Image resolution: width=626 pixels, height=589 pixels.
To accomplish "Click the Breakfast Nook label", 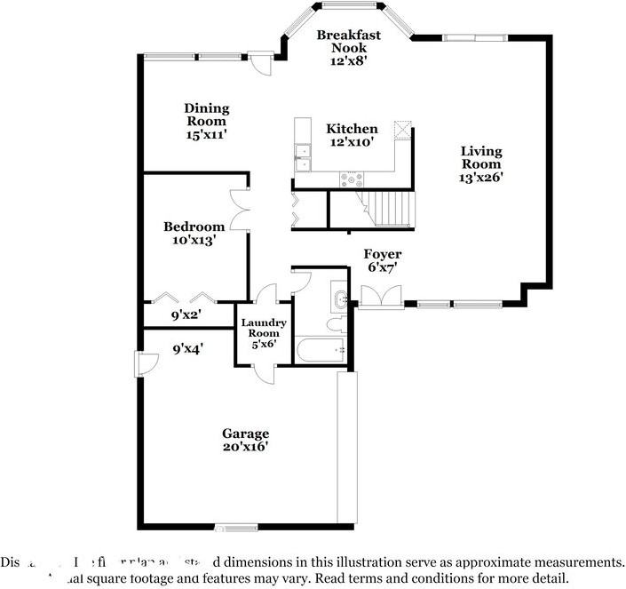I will coord(349,41).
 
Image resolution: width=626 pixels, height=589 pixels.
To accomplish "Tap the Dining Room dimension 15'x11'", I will coord(207,135).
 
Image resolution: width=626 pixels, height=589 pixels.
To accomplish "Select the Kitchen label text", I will coord(352,129).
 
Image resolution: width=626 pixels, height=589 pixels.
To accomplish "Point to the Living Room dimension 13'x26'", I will coord(481,177).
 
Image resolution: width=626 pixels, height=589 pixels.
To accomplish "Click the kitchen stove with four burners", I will coord(352,179).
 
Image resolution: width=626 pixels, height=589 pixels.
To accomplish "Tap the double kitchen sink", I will coord(303,157).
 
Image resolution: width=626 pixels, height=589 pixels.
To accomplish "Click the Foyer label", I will coord(383,254).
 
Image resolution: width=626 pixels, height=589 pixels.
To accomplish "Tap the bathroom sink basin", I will coord(341,296).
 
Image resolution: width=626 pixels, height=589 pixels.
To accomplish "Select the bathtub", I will coord(322,350).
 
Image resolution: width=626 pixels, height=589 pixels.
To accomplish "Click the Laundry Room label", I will coord(263,327).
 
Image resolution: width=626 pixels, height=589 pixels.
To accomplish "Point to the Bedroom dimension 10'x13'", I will coord(194,239).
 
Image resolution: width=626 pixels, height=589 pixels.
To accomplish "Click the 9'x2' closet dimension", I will coord(187,314).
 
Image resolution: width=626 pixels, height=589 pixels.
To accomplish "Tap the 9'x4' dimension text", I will coord(187,349).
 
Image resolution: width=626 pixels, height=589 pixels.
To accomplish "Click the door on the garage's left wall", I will coord(140,364).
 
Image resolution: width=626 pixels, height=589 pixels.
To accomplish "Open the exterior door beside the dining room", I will coord(258,62).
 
